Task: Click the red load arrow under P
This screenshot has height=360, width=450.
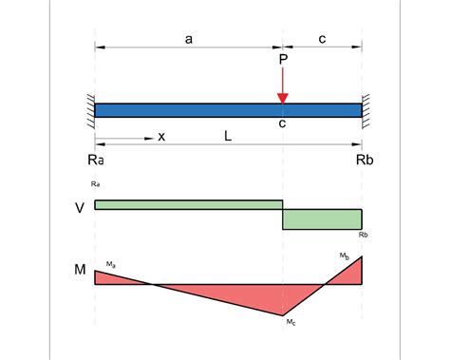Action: point(283,86)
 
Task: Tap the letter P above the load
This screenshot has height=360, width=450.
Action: point(283,60)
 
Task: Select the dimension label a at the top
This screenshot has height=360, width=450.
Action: point(189,39)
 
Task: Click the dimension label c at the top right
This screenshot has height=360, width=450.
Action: point(323,39)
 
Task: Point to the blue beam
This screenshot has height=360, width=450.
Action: point(228,109)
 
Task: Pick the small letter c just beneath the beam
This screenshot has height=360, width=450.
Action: point(283,124)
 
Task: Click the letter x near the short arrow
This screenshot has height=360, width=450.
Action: point(161,137)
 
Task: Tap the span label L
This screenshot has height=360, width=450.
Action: point(228,137)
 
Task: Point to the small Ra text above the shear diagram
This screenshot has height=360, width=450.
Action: point(96,182)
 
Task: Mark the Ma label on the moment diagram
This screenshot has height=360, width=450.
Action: point(111,263)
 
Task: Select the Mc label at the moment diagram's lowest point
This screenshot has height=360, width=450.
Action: point(291,324)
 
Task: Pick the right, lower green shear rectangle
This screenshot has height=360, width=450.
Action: point(322,218)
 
